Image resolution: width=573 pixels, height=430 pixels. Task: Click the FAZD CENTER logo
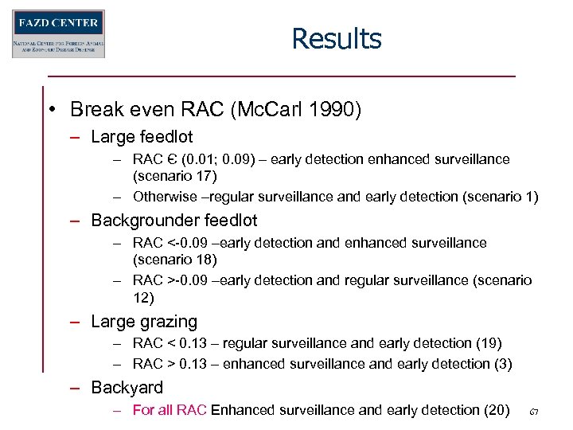58,33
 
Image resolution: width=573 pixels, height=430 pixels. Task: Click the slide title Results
336,38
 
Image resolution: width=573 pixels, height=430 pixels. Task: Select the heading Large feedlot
142,137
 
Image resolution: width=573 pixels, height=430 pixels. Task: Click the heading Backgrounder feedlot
174,220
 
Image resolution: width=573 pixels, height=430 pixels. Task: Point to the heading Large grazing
144,322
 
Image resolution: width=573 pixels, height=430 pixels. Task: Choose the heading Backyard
127,388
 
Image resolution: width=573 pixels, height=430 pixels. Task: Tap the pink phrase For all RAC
170,410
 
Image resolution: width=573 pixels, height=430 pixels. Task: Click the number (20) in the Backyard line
496,410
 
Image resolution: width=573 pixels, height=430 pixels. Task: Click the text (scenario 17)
174,175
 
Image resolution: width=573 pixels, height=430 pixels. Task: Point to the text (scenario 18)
174,260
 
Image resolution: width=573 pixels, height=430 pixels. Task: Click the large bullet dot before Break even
53,109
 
